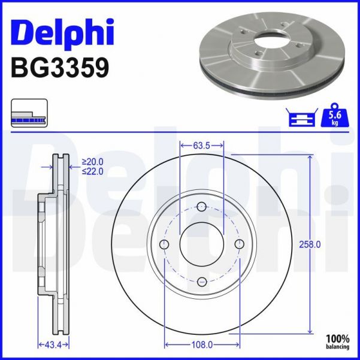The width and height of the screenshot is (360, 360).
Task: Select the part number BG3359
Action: pos(60,68)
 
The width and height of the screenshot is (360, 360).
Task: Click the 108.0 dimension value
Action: pos(202,344)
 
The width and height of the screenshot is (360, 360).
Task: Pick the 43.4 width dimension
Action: pos(53,344)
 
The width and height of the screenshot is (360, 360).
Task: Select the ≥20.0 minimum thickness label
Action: pos(93,161)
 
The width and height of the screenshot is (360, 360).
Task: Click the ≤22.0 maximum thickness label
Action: pos(93,171)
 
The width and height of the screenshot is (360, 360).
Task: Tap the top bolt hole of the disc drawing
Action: pos(202,207)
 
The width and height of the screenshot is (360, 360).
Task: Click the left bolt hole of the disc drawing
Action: pos(165,244)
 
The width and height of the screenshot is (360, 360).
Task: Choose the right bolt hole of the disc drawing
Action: pos(240,244)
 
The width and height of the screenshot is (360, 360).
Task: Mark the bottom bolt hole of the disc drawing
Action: pos(202,282)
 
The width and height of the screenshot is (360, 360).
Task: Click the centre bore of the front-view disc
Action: pos(202,244)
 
